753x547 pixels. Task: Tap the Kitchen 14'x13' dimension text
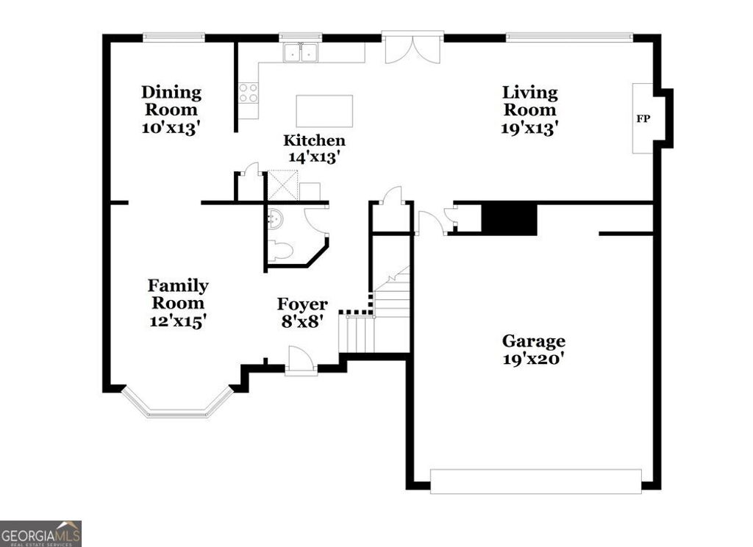click(x=314, y=157)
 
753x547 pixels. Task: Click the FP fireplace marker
click(x=643, y=118)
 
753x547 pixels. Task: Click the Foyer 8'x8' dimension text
click(x=301, y=321)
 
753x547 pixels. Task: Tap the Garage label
click(x=533, y=341)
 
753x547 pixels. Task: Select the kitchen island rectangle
click(x=324, y=111)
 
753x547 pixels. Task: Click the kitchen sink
click(x=300, y=53)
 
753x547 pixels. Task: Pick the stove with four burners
click(x=249, y=92)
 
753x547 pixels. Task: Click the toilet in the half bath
click(x=280, y=251)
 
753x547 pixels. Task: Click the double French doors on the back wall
click(x=413, y=47)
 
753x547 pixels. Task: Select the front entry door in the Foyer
click(x=301, y=362)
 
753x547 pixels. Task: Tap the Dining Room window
click(x=174, y=36)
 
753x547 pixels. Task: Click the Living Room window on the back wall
click(x=569, y=36)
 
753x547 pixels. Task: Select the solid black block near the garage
click(x=509, y=219)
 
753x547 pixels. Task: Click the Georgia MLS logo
click(x=40, y=533)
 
